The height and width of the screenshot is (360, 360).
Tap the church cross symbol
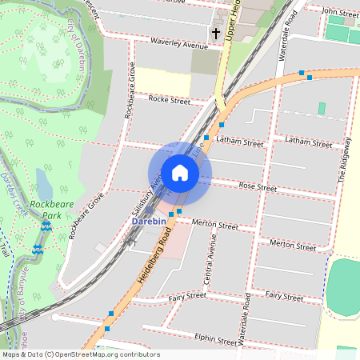click(x=215, y=34)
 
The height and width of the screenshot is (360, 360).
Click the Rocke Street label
click(x=170, y=101)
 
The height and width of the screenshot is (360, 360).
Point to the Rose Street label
click(x=258, y=187)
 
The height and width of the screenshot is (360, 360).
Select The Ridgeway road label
click(x=345, y=161)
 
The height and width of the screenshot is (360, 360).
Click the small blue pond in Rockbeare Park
click(x=44, y=183)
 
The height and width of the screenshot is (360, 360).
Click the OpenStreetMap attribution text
click(x=80, y=354)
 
